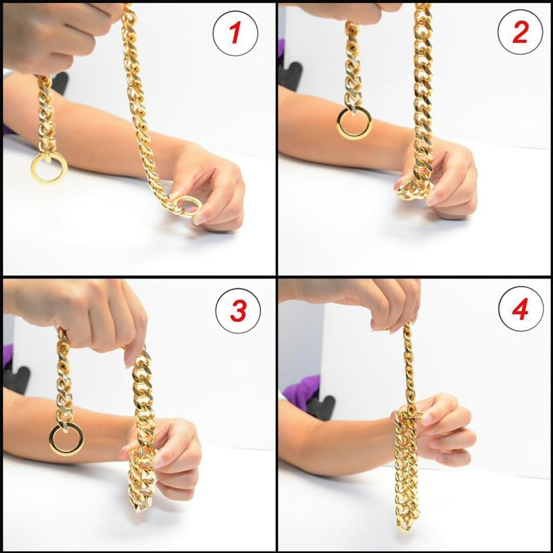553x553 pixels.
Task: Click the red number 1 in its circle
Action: tap(235, 33)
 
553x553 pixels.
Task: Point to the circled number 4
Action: tap(521, 312)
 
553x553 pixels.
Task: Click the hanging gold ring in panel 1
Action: tap(48, 167)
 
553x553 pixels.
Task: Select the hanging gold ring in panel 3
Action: tap(65, 438)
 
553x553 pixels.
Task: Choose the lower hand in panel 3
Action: tap(170, 454)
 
